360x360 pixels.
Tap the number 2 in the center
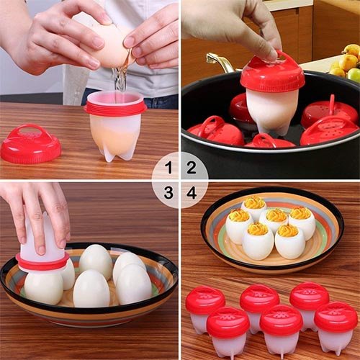click(x=192, y=168)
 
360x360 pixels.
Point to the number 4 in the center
click(x=192, y=192)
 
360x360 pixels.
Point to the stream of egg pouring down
click(x=120, y=79)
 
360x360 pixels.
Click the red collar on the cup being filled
click(x=115, y=107)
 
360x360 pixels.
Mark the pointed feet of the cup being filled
click(x=115, y=153)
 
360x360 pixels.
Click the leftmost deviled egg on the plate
click(x=238, y=226)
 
